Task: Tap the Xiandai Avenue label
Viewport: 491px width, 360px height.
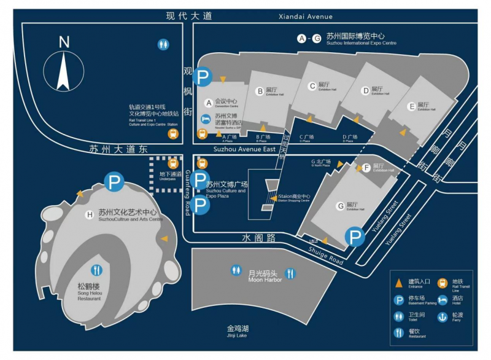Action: click(305, 17)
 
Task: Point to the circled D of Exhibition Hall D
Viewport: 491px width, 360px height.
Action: click(366, 91)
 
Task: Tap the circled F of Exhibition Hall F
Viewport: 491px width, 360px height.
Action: click(366, 167)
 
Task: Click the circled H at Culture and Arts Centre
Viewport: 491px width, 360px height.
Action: click(90, 214)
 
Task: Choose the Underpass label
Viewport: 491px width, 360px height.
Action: click(170, 176)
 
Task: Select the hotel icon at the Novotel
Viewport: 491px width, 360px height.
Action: click(207, 118)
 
